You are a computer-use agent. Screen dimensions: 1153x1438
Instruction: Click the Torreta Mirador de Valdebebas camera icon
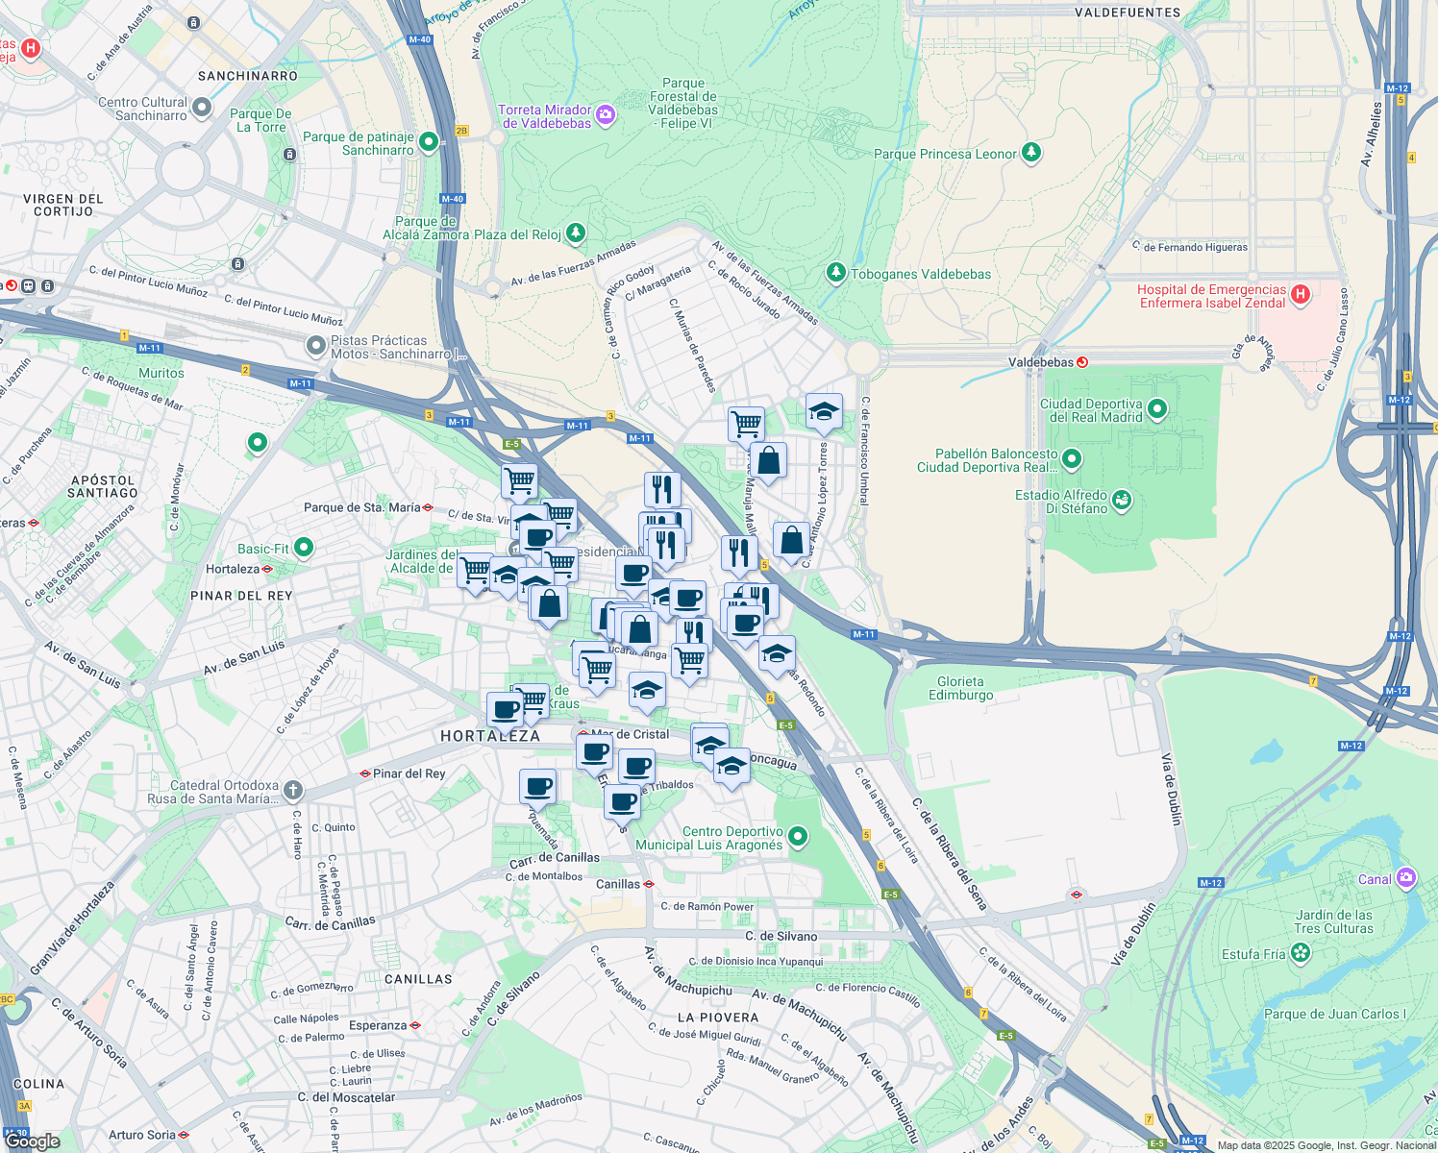(606, 116)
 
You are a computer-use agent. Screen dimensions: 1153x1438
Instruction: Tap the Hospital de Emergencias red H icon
(1301, 295)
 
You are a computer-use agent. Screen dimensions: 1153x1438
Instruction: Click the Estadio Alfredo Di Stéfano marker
(1121, 501)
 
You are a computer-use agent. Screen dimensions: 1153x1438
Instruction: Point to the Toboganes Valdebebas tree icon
(836, 274)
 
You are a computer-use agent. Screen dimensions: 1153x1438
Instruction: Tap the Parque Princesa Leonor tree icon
(1031, 154)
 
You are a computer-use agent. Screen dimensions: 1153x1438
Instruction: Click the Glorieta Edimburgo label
(960, 688)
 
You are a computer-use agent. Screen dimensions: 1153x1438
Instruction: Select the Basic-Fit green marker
(304, 549)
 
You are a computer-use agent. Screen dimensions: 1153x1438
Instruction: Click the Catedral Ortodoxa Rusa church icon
(293, 791)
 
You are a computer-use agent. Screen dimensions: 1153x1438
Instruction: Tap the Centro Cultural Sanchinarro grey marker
(202, 108)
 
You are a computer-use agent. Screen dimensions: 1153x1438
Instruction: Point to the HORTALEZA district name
(490, 736)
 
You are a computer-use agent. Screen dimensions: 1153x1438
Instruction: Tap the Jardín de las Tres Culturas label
(1333, 921)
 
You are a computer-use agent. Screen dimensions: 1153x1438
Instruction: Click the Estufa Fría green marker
(1301, 953)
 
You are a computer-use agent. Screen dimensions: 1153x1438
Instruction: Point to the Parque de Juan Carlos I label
(1334, 1014)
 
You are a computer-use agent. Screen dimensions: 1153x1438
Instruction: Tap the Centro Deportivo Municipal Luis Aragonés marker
(798, 838)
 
